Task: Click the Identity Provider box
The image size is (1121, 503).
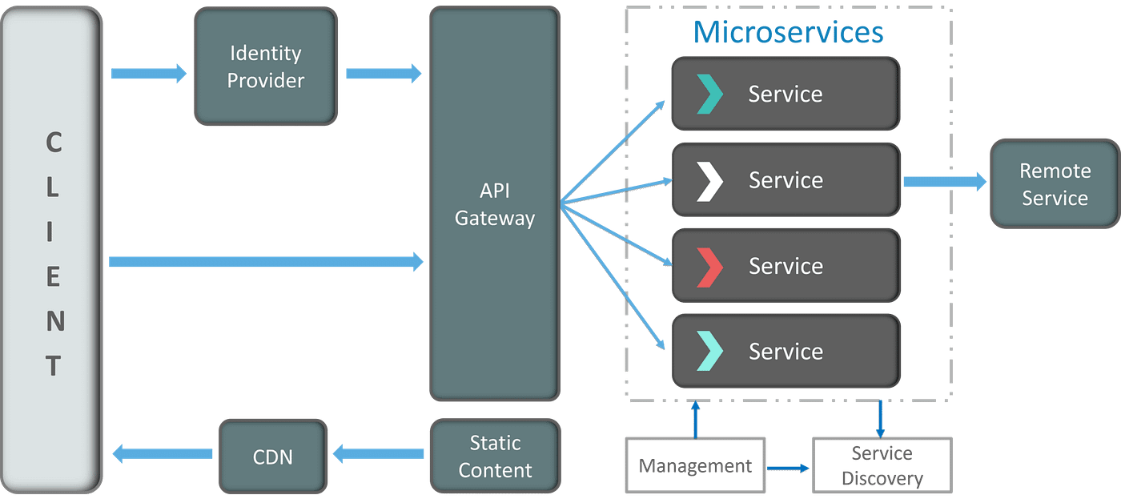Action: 266,66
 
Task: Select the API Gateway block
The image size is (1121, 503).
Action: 495,203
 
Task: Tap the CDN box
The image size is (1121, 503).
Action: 273,457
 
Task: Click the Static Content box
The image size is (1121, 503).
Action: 496,456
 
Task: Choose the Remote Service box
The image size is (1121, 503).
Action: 1055,183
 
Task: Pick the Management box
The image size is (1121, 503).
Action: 695,465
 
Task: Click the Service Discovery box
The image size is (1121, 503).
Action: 882,465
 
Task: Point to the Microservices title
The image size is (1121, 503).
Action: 788,32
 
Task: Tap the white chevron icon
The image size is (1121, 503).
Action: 709,182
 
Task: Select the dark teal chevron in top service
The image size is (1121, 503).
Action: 709,94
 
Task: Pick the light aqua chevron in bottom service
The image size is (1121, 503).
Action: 709,351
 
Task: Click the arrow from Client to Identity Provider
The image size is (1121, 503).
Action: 149,74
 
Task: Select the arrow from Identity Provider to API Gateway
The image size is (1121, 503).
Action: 384,74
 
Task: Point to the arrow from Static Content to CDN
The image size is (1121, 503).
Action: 378,454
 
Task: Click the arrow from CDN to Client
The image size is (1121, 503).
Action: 162,454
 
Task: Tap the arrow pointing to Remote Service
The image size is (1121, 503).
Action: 945,181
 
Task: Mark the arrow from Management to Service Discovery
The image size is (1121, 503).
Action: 788,469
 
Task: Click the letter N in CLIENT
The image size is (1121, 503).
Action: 55,321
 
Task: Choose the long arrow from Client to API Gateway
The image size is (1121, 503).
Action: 266,262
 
